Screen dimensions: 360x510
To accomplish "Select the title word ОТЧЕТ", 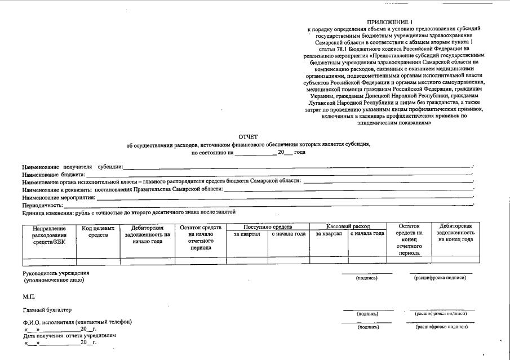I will point(248,136).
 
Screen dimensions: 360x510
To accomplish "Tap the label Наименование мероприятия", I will point(59,198).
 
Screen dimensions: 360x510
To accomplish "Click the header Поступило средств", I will point(268,226).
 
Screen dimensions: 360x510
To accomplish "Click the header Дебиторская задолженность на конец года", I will point(455,233).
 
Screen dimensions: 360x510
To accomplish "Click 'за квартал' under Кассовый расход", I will point(329,234).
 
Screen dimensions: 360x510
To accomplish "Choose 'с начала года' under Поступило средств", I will point(289,234).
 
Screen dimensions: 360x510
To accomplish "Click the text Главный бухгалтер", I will point(47,310).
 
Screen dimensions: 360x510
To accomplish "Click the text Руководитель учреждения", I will point(56,273).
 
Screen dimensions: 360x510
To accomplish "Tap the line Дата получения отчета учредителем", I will point(69,335).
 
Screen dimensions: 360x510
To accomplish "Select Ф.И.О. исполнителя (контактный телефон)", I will point(77,322).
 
